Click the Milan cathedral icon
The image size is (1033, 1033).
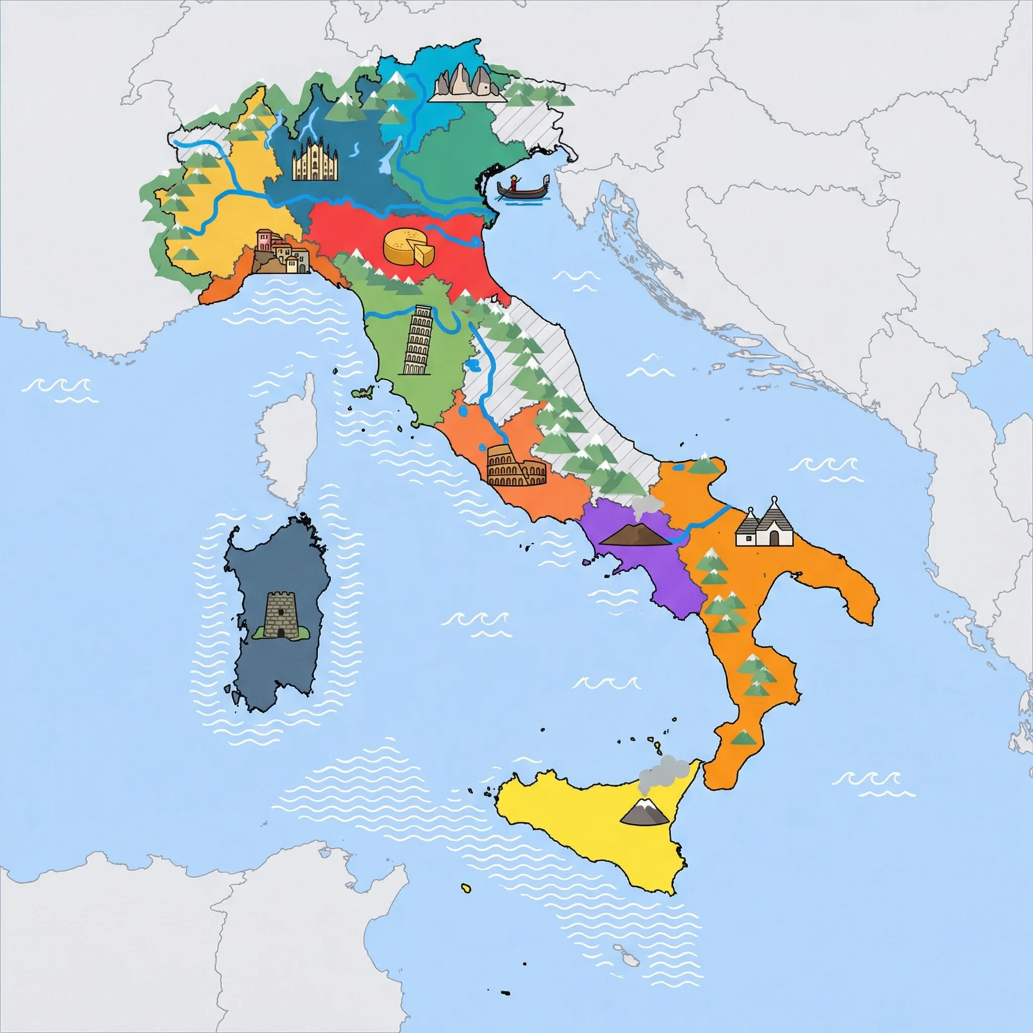(315, 159)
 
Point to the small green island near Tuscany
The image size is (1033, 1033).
(364, 392)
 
